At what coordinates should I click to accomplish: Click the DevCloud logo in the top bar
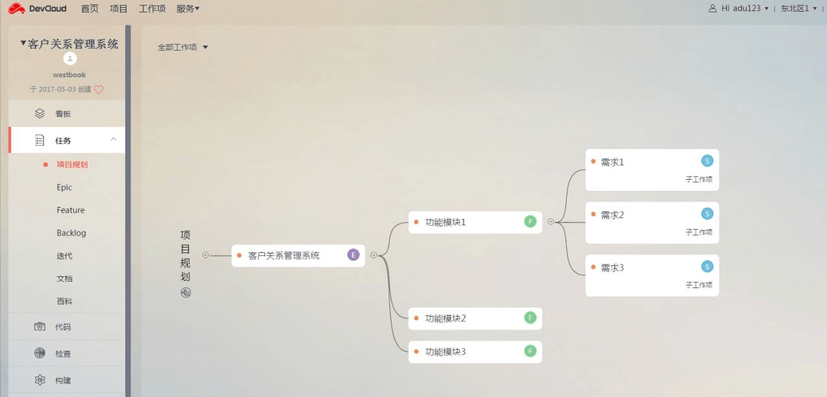[38, 8]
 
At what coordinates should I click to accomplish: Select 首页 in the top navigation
[90, 8]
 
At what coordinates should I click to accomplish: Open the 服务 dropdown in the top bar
[188, 8]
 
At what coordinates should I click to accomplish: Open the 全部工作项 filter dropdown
[182, 47]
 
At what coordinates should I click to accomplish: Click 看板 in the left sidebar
[63, 114]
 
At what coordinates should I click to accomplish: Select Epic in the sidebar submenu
[64, 187]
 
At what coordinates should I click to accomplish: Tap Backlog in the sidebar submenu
[71, 233]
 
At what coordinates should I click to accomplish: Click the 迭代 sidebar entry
[64, 256]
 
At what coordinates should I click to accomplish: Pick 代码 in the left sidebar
[63, 327]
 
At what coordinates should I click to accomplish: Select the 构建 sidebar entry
[63, 380]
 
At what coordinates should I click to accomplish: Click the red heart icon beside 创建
[99, 90]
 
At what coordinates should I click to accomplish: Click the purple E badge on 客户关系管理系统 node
[353, 255]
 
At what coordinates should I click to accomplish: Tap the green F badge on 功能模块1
[530, 222]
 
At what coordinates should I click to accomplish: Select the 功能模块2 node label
[445, 319]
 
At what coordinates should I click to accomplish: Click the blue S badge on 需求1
[707, 161]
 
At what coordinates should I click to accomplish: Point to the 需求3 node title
[612, 267]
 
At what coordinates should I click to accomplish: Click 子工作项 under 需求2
[698, 232]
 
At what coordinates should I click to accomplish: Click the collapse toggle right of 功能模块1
[550, 222]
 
